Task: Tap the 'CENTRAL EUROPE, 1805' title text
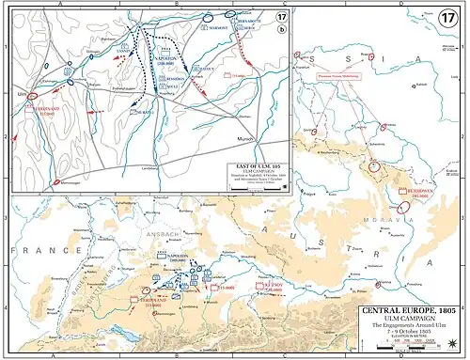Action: pos(408,312)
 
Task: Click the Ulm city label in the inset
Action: pos(19,94)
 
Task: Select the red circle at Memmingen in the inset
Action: pos(56,180)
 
